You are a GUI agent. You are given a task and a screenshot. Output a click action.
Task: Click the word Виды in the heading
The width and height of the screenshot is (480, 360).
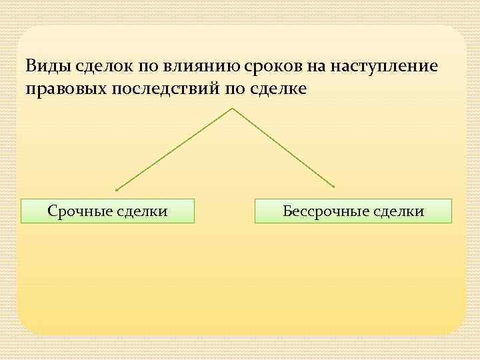[x=45, y=67]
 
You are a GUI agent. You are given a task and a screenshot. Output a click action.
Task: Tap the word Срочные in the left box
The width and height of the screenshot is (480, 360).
[x=78, y=211]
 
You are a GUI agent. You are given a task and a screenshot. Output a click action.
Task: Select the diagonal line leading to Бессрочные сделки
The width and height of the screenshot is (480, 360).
[x=283, y=148]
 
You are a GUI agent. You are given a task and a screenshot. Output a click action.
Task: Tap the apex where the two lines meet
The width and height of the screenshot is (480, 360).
[x=231, y=108]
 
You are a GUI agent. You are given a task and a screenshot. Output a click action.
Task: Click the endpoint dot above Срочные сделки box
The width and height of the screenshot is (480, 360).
[x=116, y=189]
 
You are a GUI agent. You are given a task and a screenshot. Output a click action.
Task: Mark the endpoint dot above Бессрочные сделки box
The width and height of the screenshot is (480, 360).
[x=334, y=187]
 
